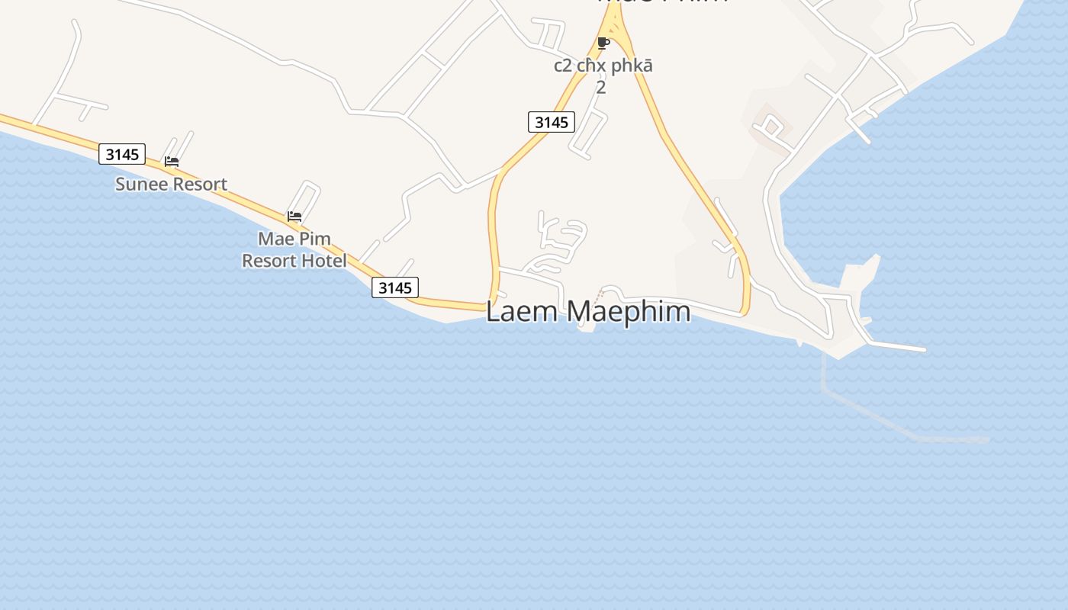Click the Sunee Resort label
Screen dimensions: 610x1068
pyautogui.click(x=171, y=184)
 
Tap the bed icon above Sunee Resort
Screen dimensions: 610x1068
pyautogui.click(x=172, y=162)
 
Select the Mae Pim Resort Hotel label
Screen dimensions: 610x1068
pyautogui.click(x=294, y=249)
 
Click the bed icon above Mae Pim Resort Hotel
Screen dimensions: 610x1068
pyautogui.click(x=294, y=217)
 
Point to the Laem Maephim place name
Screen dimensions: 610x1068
pyautogui.click(x=588, y=311)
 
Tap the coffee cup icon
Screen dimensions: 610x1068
pyautogui.click(x=603, y=43)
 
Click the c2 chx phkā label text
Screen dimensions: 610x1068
pyautogui.click(x=603, y=66)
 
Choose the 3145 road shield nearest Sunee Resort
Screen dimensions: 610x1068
pyautogui.click(x=122, y=154)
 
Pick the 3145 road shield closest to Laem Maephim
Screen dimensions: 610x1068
pyautogui.click(x=395, y=287)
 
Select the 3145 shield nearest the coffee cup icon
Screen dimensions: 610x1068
pyautogui.click(x=551, y=122)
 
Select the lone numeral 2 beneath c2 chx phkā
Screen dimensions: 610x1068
pyautogui.click(x=601, y=87)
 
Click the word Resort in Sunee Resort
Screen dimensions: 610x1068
pyautogui.click(x=200, y=184)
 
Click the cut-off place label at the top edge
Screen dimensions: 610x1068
pyautogui.click(x=662, y=3)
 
